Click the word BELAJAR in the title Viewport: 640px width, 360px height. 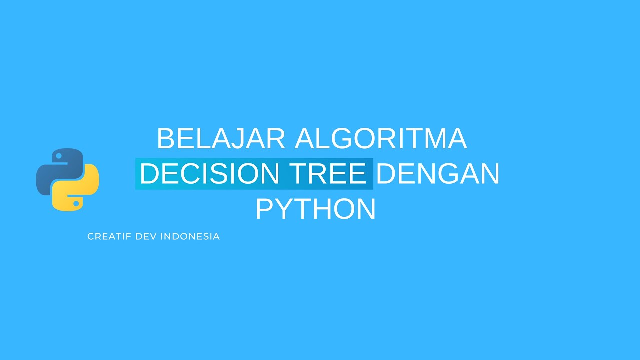pyautogui.click(x=221, y=139)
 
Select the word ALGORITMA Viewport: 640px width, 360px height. pyautogui.click(x=381, y=139)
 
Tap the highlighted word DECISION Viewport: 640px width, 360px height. pyautogui.click(x=209, y=174)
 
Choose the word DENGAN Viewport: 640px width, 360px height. pyautogui.click(x=438, y=174)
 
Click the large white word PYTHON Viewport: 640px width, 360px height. pyautogui.click(x=315, y=209)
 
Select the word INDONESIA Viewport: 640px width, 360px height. pyautogui.click(x=190, y=236)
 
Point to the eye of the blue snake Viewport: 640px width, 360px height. pyautogui.click(x=58, y=156)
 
